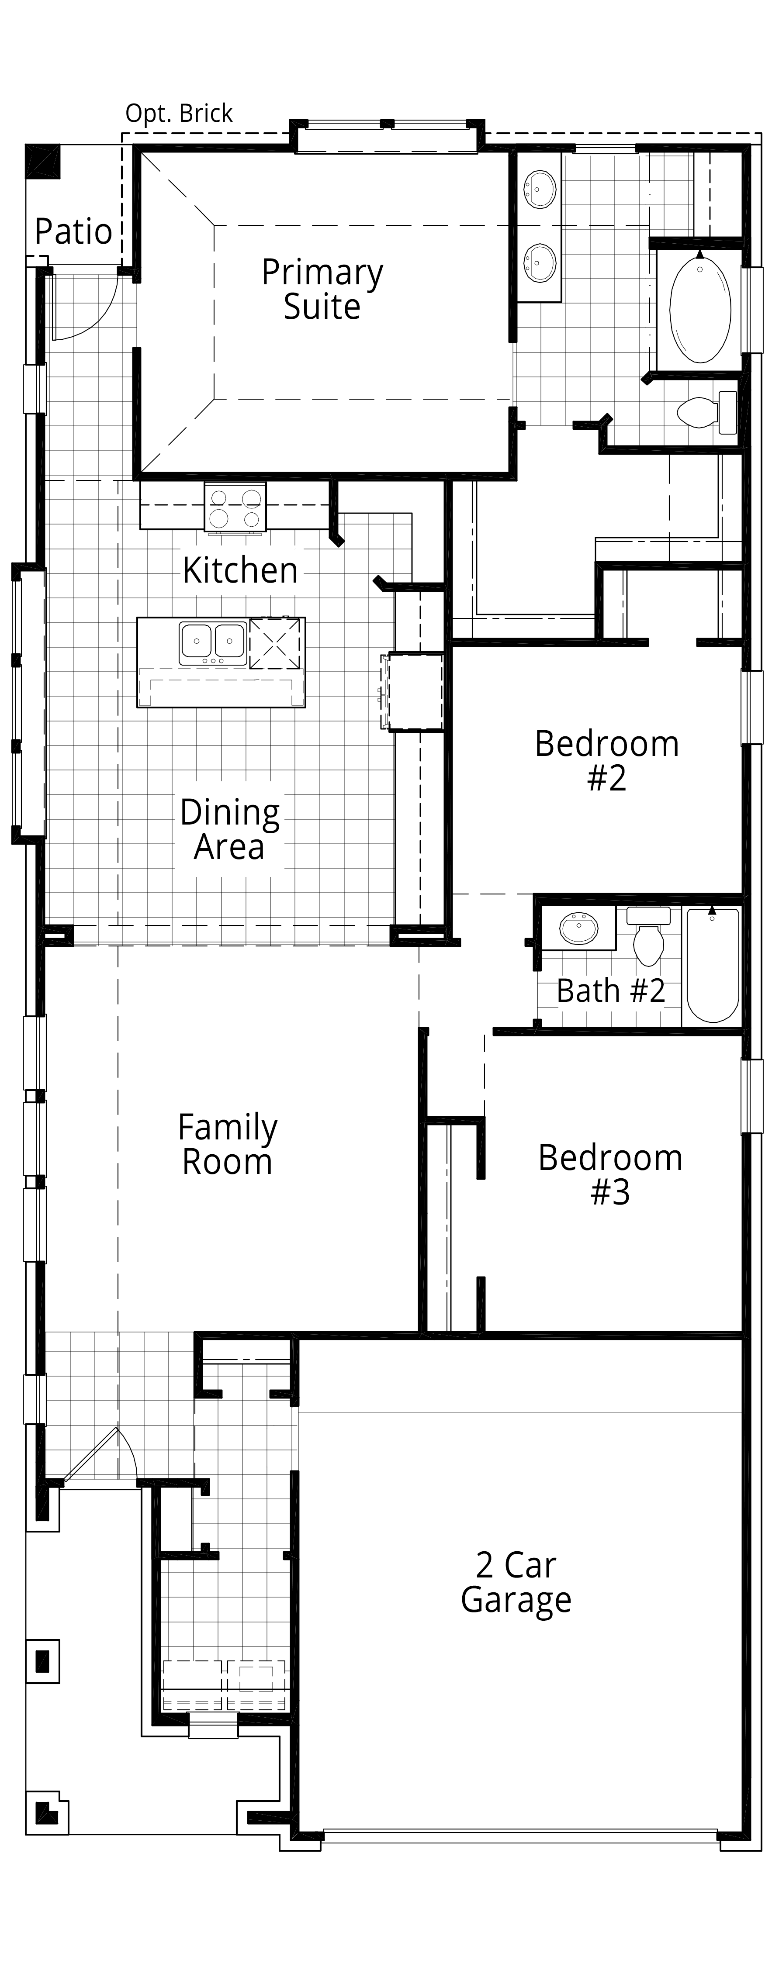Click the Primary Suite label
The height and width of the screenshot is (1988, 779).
pos(322,290)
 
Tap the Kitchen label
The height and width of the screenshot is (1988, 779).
pos(240,570)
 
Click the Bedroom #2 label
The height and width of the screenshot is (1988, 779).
pos(607,760)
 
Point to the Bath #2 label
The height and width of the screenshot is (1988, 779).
pos(611,991)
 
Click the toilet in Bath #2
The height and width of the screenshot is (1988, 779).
pos(648,935)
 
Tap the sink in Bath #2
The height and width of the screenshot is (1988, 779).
pos(579,928)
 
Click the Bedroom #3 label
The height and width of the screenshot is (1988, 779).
pos(610,1174)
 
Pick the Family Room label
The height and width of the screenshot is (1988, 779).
pos(228,1144)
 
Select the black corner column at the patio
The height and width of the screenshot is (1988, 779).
pos(42,161)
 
